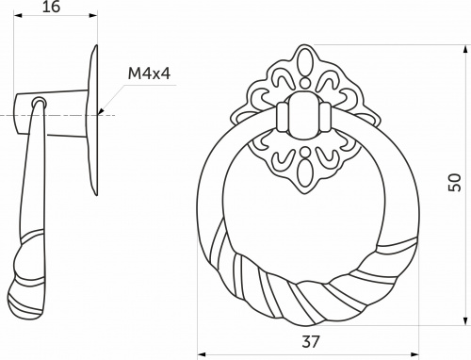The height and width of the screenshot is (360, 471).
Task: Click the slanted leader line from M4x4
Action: coord(111,100)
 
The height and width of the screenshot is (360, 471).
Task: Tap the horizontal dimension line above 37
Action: coord(311,355)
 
